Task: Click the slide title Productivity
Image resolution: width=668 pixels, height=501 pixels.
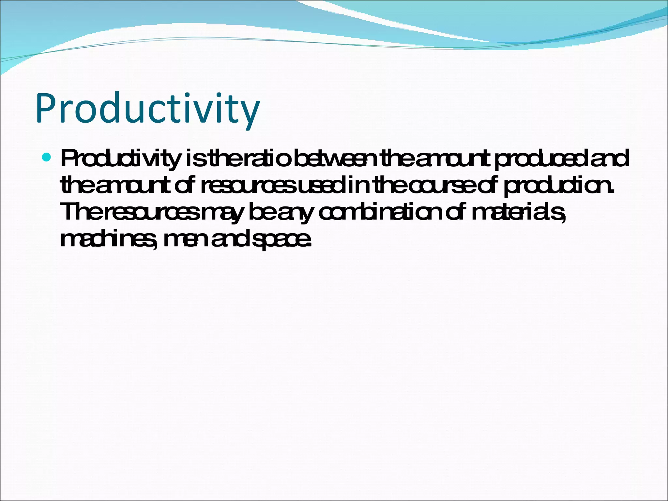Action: (x=147, y=109)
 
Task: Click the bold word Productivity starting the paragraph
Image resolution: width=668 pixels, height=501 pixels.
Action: (x=120, y=159)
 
